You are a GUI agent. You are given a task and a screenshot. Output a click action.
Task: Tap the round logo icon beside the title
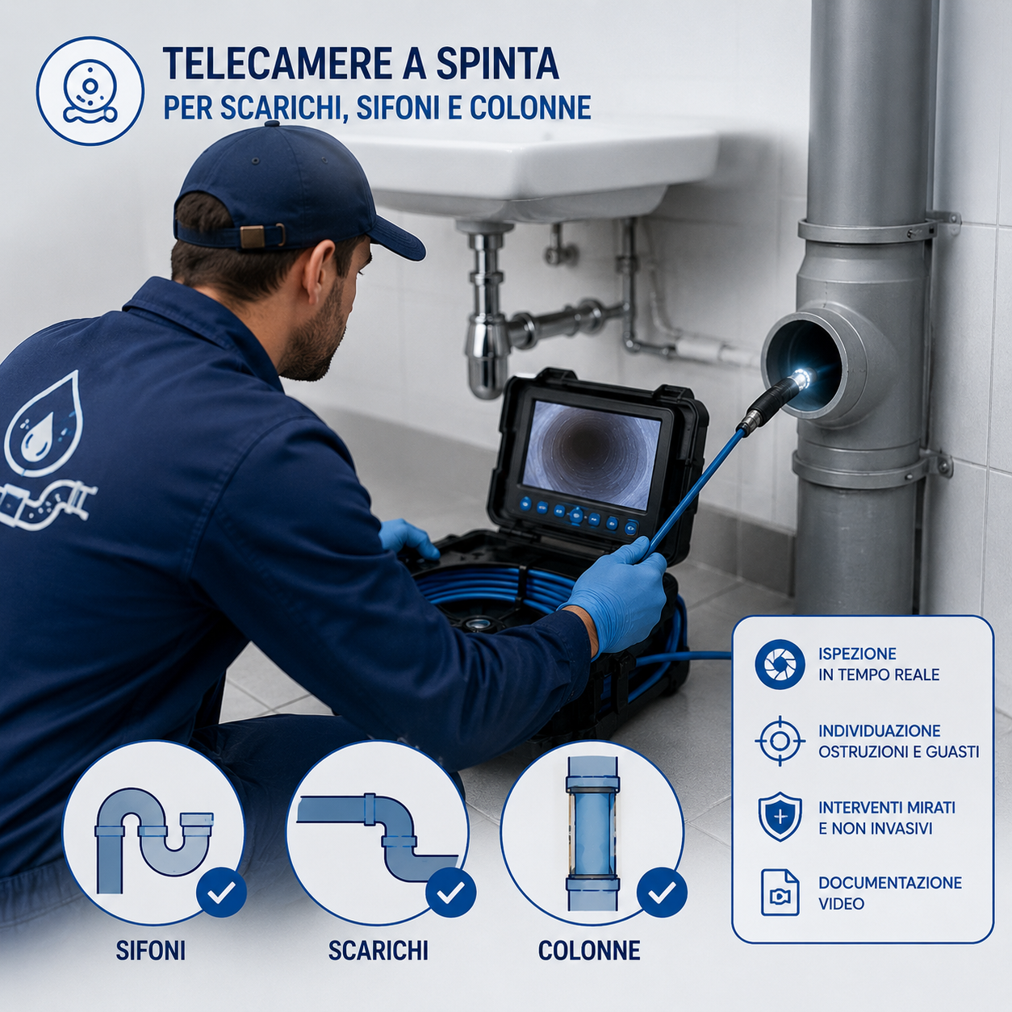click(x=90, y=91)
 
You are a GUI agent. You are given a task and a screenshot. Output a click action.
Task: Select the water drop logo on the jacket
click(x=44, y=420)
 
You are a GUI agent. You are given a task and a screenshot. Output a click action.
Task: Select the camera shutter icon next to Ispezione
click(x=780, y=664)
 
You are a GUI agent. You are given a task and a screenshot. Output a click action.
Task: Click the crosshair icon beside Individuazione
click(x=780, y=741)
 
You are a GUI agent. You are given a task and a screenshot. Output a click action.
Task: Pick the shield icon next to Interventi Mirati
click(x=780, y=818)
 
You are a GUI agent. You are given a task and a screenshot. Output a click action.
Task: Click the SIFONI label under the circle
click(x=150, y=950)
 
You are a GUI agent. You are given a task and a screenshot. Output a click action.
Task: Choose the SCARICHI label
click(x=378, y=950)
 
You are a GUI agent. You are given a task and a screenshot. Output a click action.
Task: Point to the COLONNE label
click(x=589, y=950)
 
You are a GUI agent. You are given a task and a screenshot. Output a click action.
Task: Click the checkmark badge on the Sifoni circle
click(x=221, y=891)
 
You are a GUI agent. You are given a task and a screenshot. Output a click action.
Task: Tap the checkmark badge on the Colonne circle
click(x=662, y=891)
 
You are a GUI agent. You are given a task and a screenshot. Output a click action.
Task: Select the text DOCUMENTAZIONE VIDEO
click(x=889, y=893)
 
